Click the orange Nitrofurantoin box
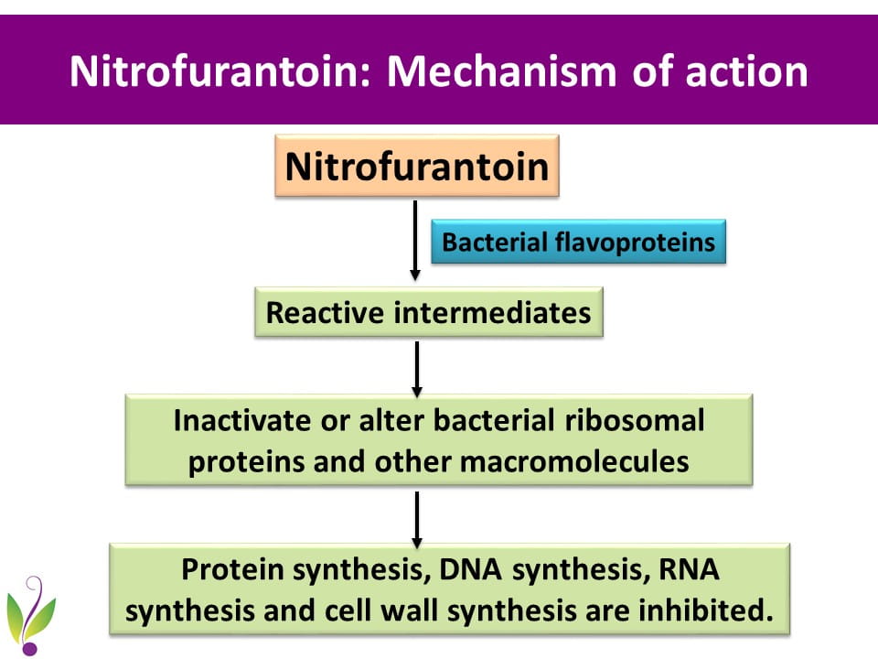416,167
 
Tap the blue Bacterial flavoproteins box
578,243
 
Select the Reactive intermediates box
428,313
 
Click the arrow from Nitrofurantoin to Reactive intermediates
415,240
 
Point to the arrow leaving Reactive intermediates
417,366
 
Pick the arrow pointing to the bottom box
417,518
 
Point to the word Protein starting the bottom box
230,568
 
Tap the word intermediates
493,313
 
